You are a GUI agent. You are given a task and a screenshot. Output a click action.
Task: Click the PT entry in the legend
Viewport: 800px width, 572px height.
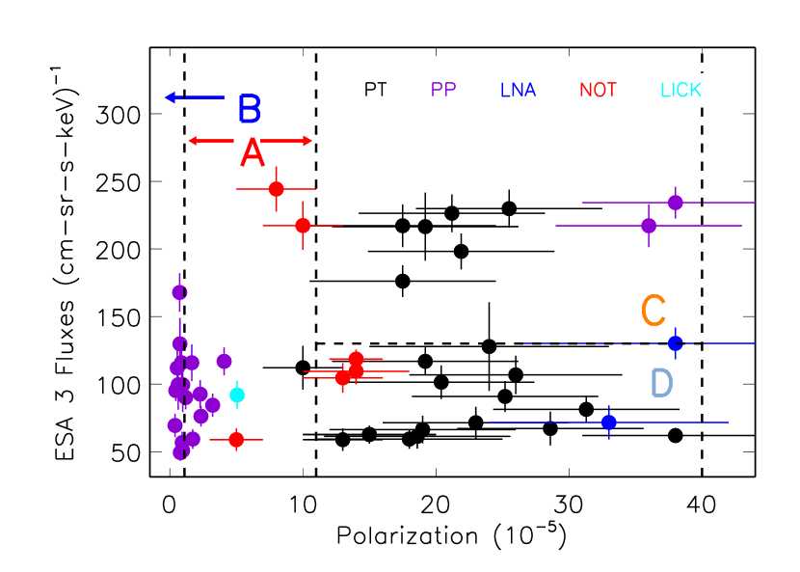pos(375,90)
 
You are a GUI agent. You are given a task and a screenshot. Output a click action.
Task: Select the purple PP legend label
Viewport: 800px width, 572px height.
pos(443,90)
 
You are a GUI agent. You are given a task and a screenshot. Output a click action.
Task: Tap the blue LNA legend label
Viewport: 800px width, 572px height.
pos(518,91)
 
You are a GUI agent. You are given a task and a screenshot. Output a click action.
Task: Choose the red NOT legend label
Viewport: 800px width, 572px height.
pos(598,91)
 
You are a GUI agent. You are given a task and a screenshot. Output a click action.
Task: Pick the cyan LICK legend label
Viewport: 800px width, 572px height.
pos(680,91)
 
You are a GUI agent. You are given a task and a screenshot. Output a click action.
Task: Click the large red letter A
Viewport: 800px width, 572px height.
pos(252,153)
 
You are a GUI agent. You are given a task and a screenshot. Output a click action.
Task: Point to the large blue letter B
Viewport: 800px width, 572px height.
pos(249,109)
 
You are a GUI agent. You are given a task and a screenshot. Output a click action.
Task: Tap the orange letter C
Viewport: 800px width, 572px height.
pos(653,311)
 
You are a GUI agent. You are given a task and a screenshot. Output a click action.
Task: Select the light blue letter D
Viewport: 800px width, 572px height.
pos(661,383)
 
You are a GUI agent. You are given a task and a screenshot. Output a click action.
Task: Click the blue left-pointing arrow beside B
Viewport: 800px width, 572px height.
pos(194,97)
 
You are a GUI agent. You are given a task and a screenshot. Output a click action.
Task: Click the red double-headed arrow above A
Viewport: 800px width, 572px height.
pos(250,141)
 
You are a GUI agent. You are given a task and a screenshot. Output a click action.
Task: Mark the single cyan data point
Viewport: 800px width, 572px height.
pos(237,395)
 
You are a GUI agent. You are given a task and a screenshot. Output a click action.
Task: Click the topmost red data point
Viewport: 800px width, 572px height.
pos(277,188)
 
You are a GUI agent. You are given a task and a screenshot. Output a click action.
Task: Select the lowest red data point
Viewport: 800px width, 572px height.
pos(236,439)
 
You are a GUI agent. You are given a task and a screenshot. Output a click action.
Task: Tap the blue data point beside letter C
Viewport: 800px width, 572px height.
pos(675,342)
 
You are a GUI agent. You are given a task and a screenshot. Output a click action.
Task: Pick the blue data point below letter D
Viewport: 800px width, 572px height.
pos(608,422)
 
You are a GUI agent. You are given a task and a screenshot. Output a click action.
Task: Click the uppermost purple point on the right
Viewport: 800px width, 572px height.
pos(676,202)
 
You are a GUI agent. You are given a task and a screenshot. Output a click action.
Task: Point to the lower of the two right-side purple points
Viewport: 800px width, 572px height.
pos(649,225)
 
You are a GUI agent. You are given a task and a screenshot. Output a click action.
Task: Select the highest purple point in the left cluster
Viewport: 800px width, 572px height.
pos(179,291)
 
